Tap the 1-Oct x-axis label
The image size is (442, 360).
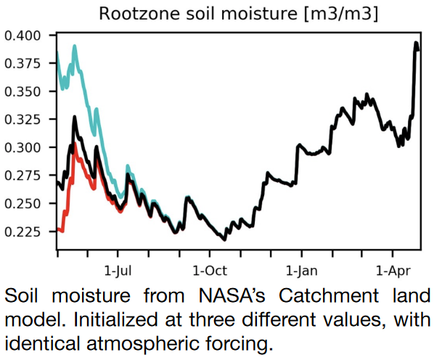click(x=209, y=270)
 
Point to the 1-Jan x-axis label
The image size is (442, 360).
click(x=301, y=270)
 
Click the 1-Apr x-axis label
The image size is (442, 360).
click(x=392, y=270)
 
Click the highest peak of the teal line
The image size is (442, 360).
click(x=74, y=47)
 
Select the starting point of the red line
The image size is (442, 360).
click(x=57, y=230)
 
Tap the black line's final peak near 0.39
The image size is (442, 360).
click(x=417, y=44)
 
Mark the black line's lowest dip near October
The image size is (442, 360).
click(x=224, y=239)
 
